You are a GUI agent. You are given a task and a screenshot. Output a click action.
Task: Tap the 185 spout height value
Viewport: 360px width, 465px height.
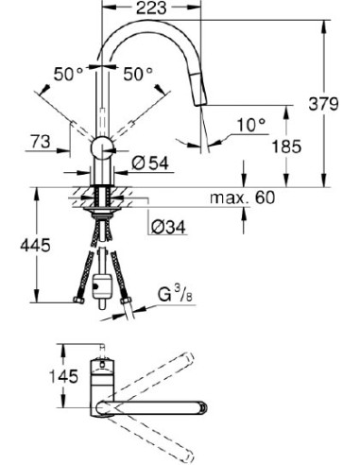(x=286, y=147)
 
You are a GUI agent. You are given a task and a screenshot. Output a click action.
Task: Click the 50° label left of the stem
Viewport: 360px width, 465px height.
(x=67, y=74)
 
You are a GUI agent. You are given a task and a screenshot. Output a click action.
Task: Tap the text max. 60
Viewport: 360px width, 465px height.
(x=243, y=198)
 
